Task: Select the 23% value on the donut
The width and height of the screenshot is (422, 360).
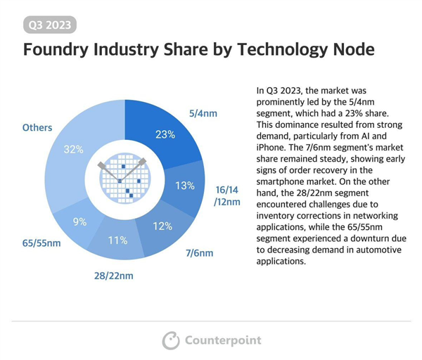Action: [x=165, y=134]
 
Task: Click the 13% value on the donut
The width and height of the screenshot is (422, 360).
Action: [x=185, y=186]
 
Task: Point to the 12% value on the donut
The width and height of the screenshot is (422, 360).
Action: [x=162, y=226]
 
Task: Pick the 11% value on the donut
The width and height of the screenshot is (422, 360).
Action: [x=117, y=240]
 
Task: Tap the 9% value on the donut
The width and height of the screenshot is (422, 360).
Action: [x=79, y=221]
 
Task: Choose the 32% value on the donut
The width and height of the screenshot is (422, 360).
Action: [x=73, y=149]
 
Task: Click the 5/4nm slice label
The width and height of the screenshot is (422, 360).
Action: [x=203, y=112]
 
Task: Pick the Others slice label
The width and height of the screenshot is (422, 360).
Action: [x=37, y=128]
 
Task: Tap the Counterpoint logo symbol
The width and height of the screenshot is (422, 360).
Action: [x=171, y=340]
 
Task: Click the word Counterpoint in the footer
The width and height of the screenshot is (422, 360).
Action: [x=222, y=340]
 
